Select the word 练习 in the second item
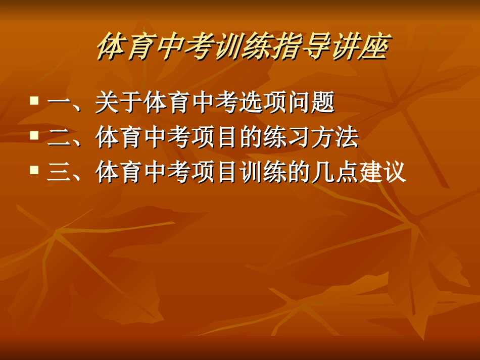point(287,138)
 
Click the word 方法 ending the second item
point(335,138)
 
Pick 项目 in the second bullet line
point(215,138)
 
